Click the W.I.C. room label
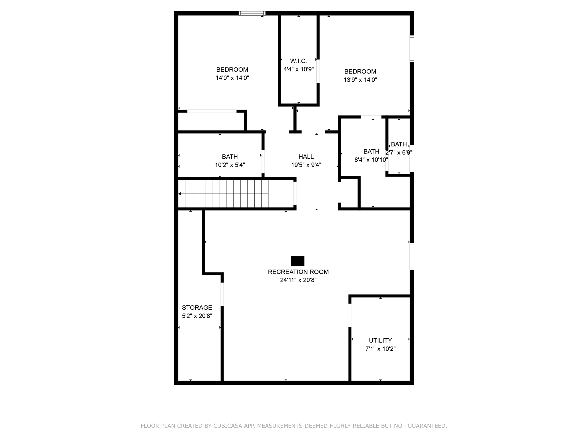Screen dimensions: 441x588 [298, 61]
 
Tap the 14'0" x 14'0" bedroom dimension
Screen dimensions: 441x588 [232, 78]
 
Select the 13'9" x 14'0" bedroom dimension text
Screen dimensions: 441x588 [360, 80]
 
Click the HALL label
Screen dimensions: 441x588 [306, 157]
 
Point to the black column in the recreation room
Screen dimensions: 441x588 [297, 261]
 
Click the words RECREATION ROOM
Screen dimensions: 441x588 [298, 272]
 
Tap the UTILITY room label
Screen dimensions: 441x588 [380, 341]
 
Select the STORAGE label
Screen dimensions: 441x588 [197, 307]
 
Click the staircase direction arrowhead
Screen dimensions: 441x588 [180, 194]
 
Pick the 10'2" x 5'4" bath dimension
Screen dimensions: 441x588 [230, 165]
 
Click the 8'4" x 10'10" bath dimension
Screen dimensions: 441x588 [371, 160]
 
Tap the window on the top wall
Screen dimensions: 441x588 [252, 13]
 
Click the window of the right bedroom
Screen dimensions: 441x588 [412, 49]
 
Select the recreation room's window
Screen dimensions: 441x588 [412, 256]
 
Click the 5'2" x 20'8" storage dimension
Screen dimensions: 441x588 [197, 316]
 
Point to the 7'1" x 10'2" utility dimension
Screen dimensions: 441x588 [380, 349]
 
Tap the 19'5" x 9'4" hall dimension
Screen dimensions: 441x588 [306, 165]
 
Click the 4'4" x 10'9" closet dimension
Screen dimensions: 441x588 [298, 69]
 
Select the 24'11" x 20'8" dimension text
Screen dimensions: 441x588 [298, 280]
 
